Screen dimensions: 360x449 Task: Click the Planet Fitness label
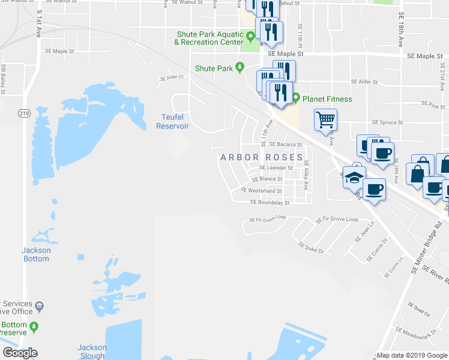point(327,99)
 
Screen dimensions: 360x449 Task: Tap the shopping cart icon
point(325,119)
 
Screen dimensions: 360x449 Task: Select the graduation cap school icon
point(355,177)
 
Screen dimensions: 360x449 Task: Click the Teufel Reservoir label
point(173,122)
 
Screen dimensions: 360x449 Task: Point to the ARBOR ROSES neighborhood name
point(262,157)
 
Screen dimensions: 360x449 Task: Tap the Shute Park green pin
point(240,68)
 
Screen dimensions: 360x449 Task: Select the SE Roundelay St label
point(270,203)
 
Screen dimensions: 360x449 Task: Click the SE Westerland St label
point(261,191)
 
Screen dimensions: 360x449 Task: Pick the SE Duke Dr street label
point(311,247)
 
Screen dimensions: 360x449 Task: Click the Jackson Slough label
point(92,352)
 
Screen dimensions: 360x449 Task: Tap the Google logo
point(20,353)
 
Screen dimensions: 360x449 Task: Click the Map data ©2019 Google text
point(411,355)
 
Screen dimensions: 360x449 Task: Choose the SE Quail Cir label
point(419,309)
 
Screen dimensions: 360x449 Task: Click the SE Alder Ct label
point(171,78)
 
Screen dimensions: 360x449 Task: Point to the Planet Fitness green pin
point(296,98)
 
